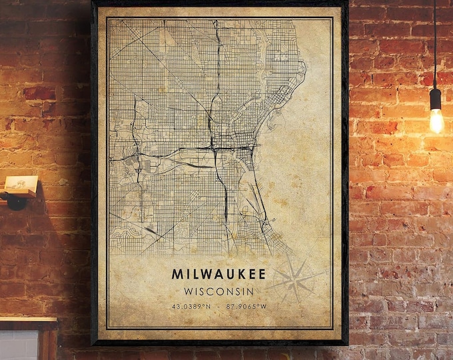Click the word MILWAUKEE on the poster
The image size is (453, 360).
pyautogui.click(x=219, y=274)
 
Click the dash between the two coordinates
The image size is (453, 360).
pyautogui.click(x=219, y=306)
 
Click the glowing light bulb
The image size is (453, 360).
pyautogui.click(x=436, y=120)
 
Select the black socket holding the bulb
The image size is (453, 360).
pyautogui.click(x=435, y=99)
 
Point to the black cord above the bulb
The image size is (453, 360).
pyautogui.click(x=435, y=40)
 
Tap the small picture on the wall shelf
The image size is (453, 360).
pyautogui.click(x=19, y=184)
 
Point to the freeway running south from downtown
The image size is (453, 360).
pyautogui.click(x=225, y=193)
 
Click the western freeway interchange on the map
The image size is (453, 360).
pyautogui.click(x=137, y=157)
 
